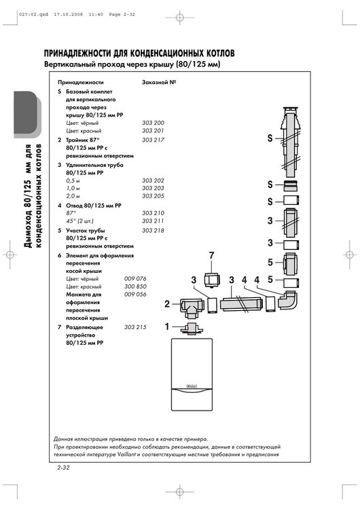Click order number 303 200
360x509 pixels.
tap(153, 123)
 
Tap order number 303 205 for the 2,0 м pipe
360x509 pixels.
tap(153, 195)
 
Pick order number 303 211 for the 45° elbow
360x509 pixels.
tap(153, 221)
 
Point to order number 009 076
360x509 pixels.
tap(135, 279)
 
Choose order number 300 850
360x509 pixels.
tap(135, 287)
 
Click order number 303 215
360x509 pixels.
tap(135, 328)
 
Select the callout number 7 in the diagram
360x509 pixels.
tap(211, 255)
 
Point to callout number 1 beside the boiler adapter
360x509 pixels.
tap(167, 327)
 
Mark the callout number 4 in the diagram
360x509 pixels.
tap(257, 280)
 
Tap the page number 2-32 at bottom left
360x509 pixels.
tap(65, 468)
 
